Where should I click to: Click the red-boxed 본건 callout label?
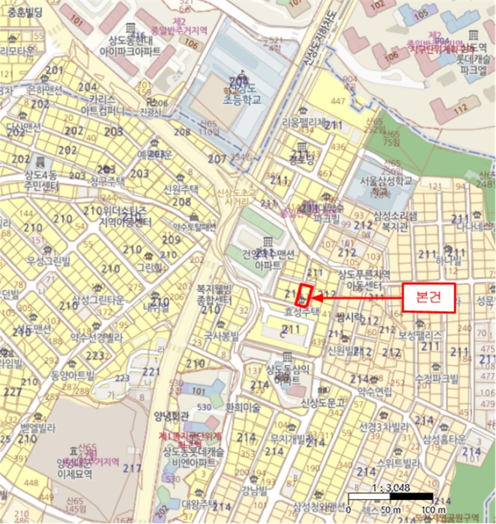[x=429, y=296]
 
